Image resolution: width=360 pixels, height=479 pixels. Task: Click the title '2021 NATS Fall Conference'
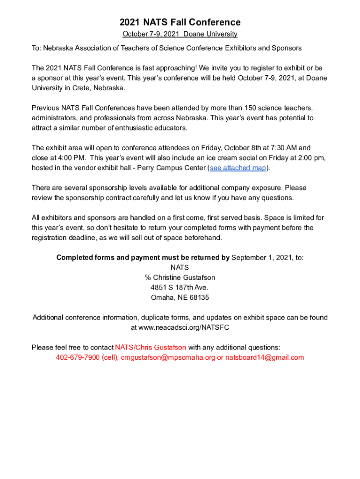[180, 22]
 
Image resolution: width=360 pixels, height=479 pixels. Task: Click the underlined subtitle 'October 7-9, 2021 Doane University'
[180, 34]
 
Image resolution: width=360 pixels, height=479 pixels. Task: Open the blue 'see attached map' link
[238, 168]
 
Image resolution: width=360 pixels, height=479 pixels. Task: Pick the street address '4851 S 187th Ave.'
[180, 287]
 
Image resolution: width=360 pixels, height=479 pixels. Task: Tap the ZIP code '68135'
[200, 298]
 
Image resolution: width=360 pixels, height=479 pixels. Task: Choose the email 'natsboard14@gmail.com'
[265, 357]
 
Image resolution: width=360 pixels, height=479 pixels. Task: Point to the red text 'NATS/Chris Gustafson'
[151, 347]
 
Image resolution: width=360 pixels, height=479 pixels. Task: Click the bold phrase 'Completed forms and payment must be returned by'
[143, 257]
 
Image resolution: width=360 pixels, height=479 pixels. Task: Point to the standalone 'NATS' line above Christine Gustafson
[180, 268]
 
